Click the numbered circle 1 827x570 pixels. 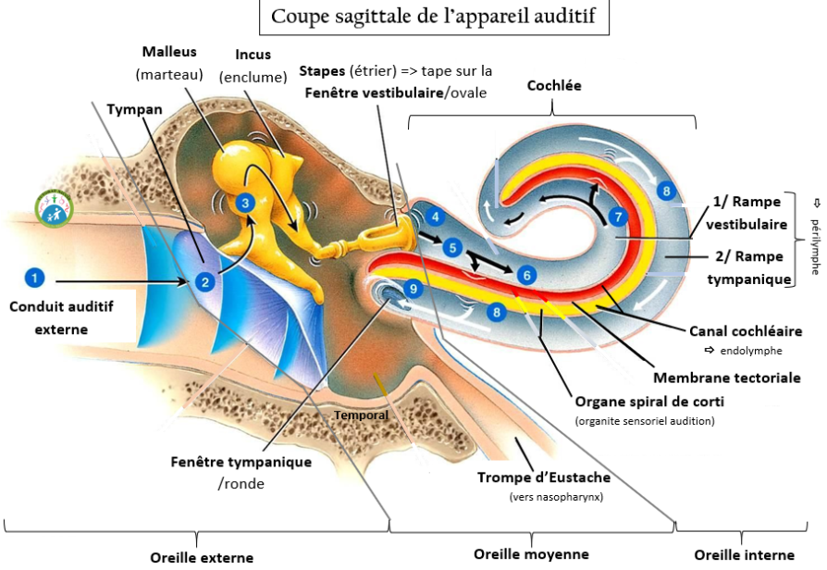click(x=34, y=277)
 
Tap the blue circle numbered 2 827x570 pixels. click(x=206, y=280)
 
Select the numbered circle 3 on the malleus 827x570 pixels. click(x=244, y=202)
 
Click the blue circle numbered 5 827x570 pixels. click(x=451, y=247)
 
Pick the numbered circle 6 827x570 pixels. click(x=525, y=274)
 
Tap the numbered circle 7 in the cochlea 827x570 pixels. click(x=618, y=217)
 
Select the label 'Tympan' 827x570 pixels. click(x=134, y=108)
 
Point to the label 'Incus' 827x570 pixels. click(x=253, y=56)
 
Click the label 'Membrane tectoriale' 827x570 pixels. click(x=727, y=378)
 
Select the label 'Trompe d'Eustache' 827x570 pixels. click(x=544, y=477)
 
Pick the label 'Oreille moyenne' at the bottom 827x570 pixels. click(x=531, y=554)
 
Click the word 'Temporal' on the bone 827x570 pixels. click(x=361, y=415)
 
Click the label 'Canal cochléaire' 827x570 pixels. click(x=746, y=330)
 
